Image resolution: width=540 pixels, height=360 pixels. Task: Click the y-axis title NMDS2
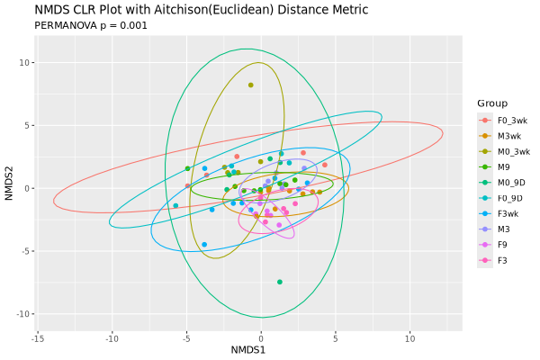coord(9,187)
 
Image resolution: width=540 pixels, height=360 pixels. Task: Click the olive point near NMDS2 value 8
coord(251,85)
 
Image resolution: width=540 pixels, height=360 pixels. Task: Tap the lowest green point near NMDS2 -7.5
coord(280,282)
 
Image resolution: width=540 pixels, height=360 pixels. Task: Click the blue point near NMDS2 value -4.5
coord(204,244)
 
